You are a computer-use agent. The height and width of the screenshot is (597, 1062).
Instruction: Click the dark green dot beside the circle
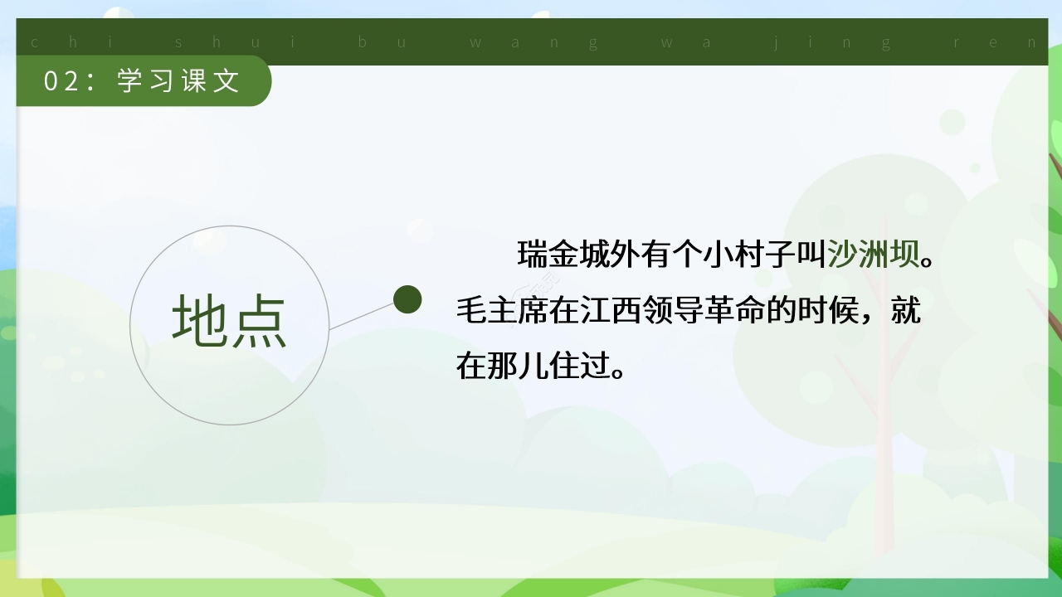pyautogui.click(x=407, y=299)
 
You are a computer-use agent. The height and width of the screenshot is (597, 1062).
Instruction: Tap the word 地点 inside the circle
pyautogui.click(x=230, y=323)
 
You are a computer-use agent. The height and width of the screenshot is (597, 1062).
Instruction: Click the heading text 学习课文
pyautogui.click(x=178, y=81)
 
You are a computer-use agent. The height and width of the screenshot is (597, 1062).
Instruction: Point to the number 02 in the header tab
pyautogui.click(x=61, y=81)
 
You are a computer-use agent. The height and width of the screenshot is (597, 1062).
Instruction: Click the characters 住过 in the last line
pyautogui.click(x=578, y=366)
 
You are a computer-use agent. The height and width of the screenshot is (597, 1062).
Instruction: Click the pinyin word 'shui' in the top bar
pyautogui.click(x=237, y=42)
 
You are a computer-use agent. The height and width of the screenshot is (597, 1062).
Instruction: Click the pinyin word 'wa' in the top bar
pyautogui.click(x=685, y=42)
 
